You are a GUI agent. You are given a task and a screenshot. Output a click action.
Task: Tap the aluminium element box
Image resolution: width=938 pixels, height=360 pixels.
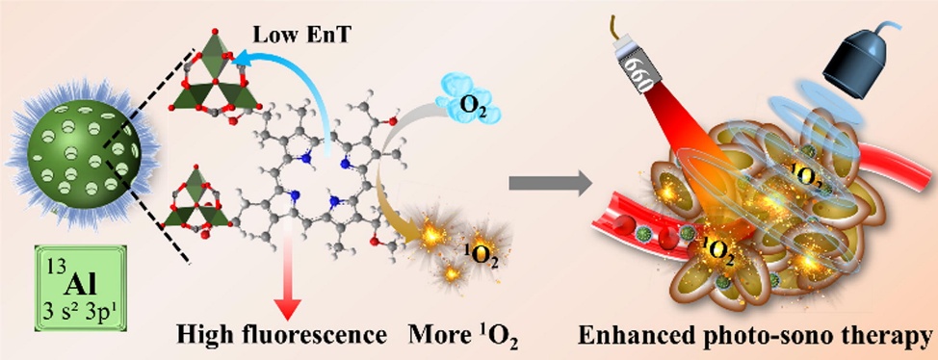point(72,288)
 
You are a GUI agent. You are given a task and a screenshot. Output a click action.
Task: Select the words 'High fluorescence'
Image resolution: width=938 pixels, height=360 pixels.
point(282,336)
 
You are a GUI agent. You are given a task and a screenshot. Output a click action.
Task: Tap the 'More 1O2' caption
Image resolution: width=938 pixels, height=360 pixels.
point(463,336)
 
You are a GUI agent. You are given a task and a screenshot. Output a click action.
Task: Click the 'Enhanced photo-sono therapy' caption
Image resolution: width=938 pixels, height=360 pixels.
point(756,336)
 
